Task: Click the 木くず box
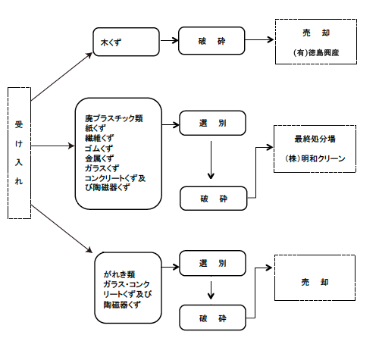point(126,42)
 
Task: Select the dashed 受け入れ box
point(19,153)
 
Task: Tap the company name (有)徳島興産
point(316,53)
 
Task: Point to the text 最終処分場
point(315,139)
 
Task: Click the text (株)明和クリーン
point(315,158)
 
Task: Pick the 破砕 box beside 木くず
point(211,41)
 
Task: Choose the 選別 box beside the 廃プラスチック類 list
point(212,123)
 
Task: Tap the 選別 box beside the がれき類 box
point(212,263)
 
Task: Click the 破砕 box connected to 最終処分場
point(213,199)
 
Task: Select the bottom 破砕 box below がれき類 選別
point(212,318)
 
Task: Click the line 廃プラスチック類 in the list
point(114,118)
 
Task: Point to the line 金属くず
point(99,158)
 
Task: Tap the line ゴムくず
point(99,149)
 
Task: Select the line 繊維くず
point(99,138)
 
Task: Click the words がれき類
point(119,274)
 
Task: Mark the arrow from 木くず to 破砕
point(169,40)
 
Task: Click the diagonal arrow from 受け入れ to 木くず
point(61,77)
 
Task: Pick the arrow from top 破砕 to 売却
point(259,39)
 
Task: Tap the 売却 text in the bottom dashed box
point(315,282)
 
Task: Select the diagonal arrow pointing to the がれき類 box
point(61,229)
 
